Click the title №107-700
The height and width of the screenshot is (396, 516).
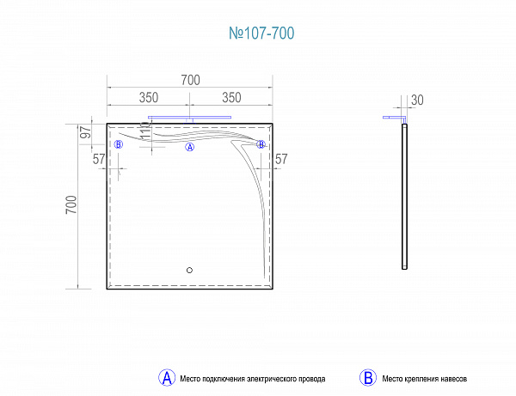(261, 34)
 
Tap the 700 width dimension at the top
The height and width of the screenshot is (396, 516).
(191, 80)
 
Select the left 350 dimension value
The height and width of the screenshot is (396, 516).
(149, 98)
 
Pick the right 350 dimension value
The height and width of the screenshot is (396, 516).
(231, 98)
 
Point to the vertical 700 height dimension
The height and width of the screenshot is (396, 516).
(71, 204)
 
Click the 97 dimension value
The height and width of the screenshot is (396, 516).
(86, 132)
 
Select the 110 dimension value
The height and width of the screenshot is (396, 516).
(145, 131)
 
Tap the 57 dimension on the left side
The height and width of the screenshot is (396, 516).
(99, 159)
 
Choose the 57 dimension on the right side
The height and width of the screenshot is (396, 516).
(281, 159)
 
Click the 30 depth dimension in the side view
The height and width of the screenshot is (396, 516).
(417, 101)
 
